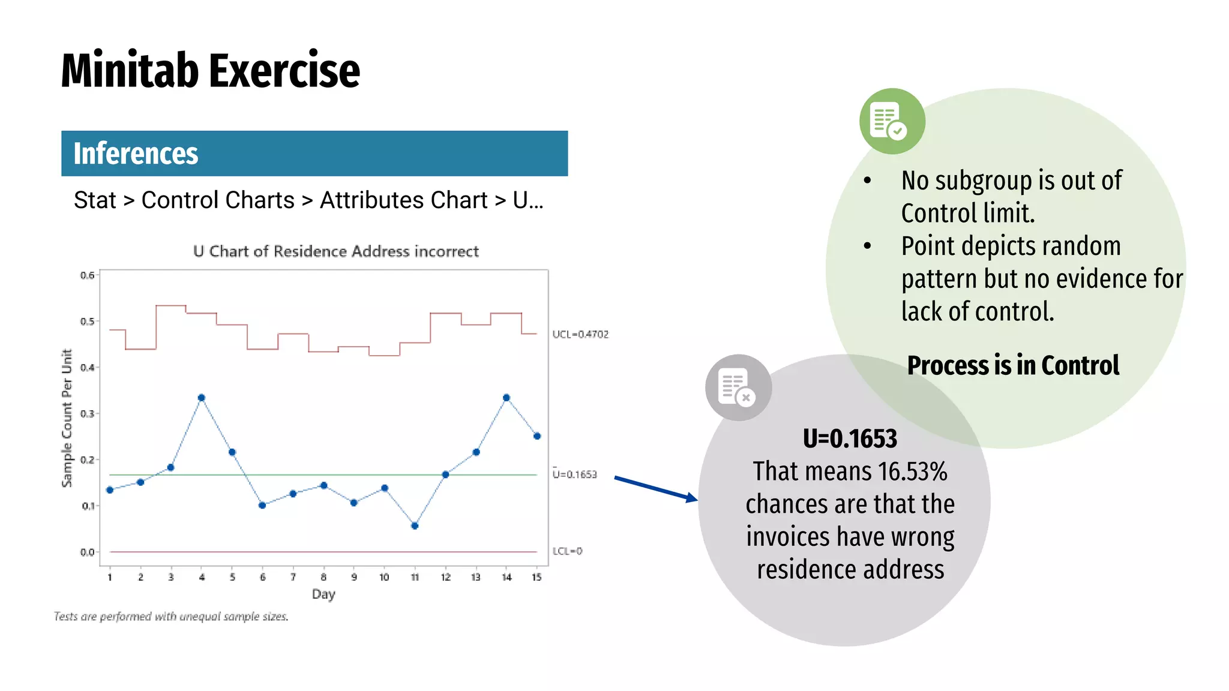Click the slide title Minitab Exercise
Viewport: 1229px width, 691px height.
point(210,71)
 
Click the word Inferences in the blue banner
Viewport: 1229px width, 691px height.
point(136,154)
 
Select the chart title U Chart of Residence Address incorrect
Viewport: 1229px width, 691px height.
point(336,251)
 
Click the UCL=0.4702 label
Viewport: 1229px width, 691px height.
point(580,334)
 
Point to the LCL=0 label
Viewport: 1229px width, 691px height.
point(567,551)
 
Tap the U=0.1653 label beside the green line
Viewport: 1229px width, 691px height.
point(575,474)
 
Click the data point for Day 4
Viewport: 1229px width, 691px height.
point(202,398)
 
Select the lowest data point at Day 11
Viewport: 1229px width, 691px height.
point(415,526)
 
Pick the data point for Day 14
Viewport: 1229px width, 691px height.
point(506,398)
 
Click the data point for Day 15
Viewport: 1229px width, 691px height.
point(537,436)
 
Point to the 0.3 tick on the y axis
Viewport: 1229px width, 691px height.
point(88,414)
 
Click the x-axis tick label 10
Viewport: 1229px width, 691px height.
point(384,577)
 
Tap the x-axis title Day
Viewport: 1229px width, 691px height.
point(323,594)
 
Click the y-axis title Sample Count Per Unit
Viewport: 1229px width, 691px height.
point(67,418)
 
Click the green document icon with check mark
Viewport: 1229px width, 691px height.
point(892,121)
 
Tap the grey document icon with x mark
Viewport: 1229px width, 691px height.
point(738,387)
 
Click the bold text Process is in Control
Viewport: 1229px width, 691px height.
point(1013,365)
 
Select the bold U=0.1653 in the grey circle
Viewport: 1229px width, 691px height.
point(850,438)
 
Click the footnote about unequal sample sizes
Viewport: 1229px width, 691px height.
point(171,617)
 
